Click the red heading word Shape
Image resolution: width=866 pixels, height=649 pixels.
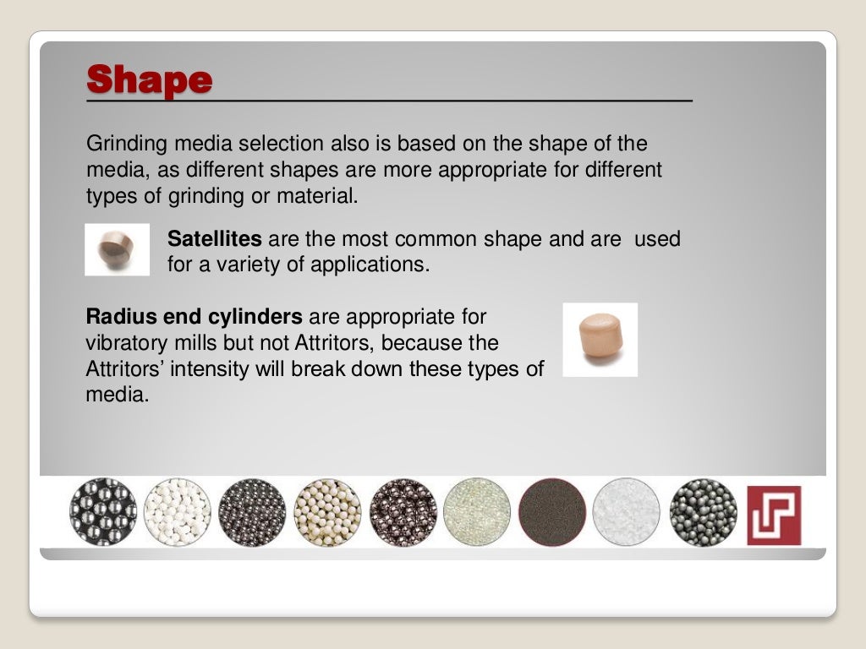[149, 80]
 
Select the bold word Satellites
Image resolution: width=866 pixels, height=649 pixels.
[214, 239]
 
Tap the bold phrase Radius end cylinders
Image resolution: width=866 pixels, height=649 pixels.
[194, 318]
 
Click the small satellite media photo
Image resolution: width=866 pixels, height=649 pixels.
[117, 249]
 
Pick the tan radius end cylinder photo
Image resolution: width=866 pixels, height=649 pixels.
[600, 339]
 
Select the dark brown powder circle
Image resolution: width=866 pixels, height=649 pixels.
[552, 512]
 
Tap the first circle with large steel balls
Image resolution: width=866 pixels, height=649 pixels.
[102, 512]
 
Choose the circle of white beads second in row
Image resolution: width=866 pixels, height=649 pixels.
[177, 512]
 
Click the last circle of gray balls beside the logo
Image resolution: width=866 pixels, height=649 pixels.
[703, 512]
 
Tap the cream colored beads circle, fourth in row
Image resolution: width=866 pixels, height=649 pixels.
[327, 512]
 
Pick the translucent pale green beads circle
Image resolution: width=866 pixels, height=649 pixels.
[477, 512]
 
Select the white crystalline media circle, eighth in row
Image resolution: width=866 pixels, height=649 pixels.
[626, 512]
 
